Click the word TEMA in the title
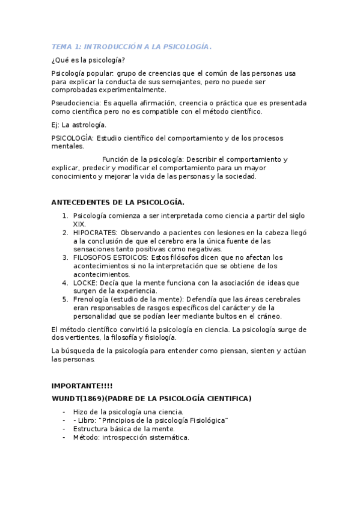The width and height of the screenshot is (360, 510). tap(61, 46)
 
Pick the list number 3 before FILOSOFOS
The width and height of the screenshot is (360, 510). tap(65, 257)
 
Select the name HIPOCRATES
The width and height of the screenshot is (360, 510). tap(95, 232)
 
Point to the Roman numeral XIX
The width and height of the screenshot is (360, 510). tap(79, 224)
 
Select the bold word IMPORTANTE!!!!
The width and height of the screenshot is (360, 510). tap(82, 386)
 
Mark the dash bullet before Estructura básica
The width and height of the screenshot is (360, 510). tap(64, 429)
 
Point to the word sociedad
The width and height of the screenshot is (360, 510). tap(240, 177)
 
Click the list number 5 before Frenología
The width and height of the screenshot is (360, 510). tap(65, 299)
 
